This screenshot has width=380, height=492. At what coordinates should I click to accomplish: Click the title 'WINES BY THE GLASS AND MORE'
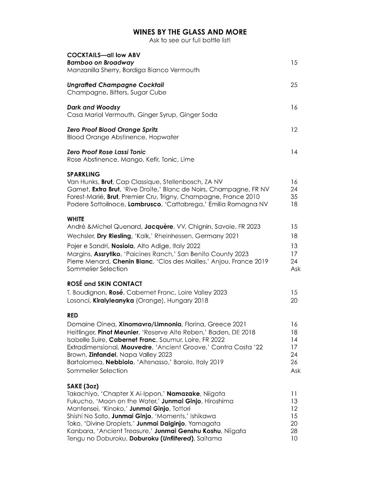click(x=190, y=32)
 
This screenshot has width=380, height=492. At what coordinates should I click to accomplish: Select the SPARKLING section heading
click(x=83, y=174)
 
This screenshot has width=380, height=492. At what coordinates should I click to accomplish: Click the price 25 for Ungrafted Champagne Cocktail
click(x=294, y=85)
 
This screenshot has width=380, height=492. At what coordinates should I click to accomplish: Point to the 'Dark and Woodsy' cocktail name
click(x=93, y=107)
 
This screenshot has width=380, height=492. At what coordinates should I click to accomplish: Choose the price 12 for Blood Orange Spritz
click(x=294, y=130)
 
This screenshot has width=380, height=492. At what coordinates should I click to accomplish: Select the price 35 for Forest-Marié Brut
click(x=294, y=197)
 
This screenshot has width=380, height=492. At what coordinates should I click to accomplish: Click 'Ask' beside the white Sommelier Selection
click(x=295, y=269)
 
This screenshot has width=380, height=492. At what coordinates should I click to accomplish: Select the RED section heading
click(x=73, y=316)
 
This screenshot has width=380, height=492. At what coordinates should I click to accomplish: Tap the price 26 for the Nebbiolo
click(x=294, y=362)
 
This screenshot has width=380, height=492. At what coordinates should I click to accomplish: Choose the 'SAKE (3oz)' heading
click(x=83, y=386)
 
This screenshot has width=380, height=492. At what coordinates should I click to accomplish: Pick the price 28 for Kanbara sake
click(x=294, y=431)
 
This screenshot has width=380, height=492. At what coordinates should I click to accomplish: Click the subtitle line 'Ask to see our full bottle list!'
click(x=190, y=40)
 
